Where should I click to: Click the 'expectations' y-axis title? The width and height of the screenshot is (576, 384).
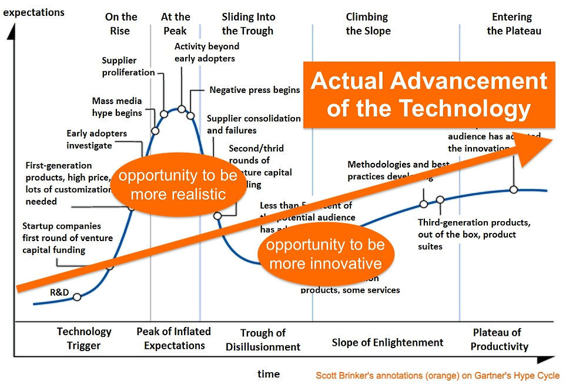point(35,11)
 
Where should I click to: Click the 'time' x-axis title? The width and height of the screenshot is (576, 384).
point(269,373)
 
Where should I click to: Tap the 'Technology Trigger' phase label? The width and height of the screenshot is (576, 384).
point(84,339)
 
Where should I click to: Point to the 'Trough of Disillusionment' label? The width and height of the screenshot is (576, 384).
point(263,340)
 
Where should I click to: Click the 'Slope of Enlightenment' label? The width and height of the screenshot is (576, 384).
point(387,342)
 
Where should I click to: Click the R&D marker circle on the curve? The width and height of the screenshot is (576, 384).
point(77,297)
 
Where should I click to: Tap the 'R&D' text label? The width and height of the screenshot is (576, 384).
point(59,292)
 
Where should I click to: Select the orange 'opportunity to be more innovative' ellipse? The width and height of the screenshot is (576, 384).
point(325,253)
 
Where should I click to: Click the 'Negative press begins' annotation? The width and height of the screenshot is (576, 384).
point(254,90)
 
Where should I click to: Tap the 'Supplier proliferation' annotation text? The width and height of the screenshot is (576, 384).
point(128,66)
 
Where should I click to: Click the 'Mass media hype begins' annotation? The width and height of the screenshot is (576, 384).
point(117,106)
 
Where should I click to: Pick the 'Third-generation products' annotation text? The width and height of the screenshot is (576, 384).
point(474,234)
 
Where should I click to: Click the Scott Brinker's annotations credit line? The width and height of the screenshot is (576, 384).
point(437,375)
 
